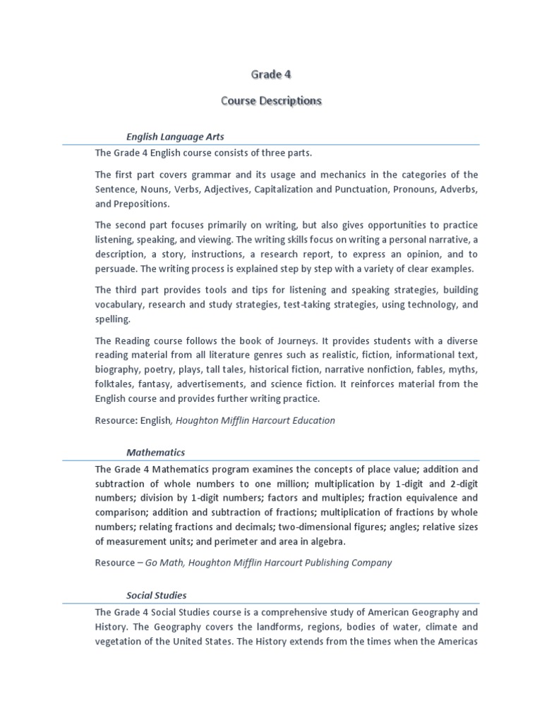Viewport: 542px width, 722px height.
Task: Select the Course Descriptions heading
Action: point(271,101)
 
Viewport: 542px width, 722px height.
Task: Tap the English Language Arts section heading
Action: point(175,137)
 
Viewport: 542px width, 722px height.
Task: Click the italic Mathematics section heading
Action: point(155,452)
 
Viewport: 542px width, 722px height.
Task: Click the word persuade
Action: point(116,269)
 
